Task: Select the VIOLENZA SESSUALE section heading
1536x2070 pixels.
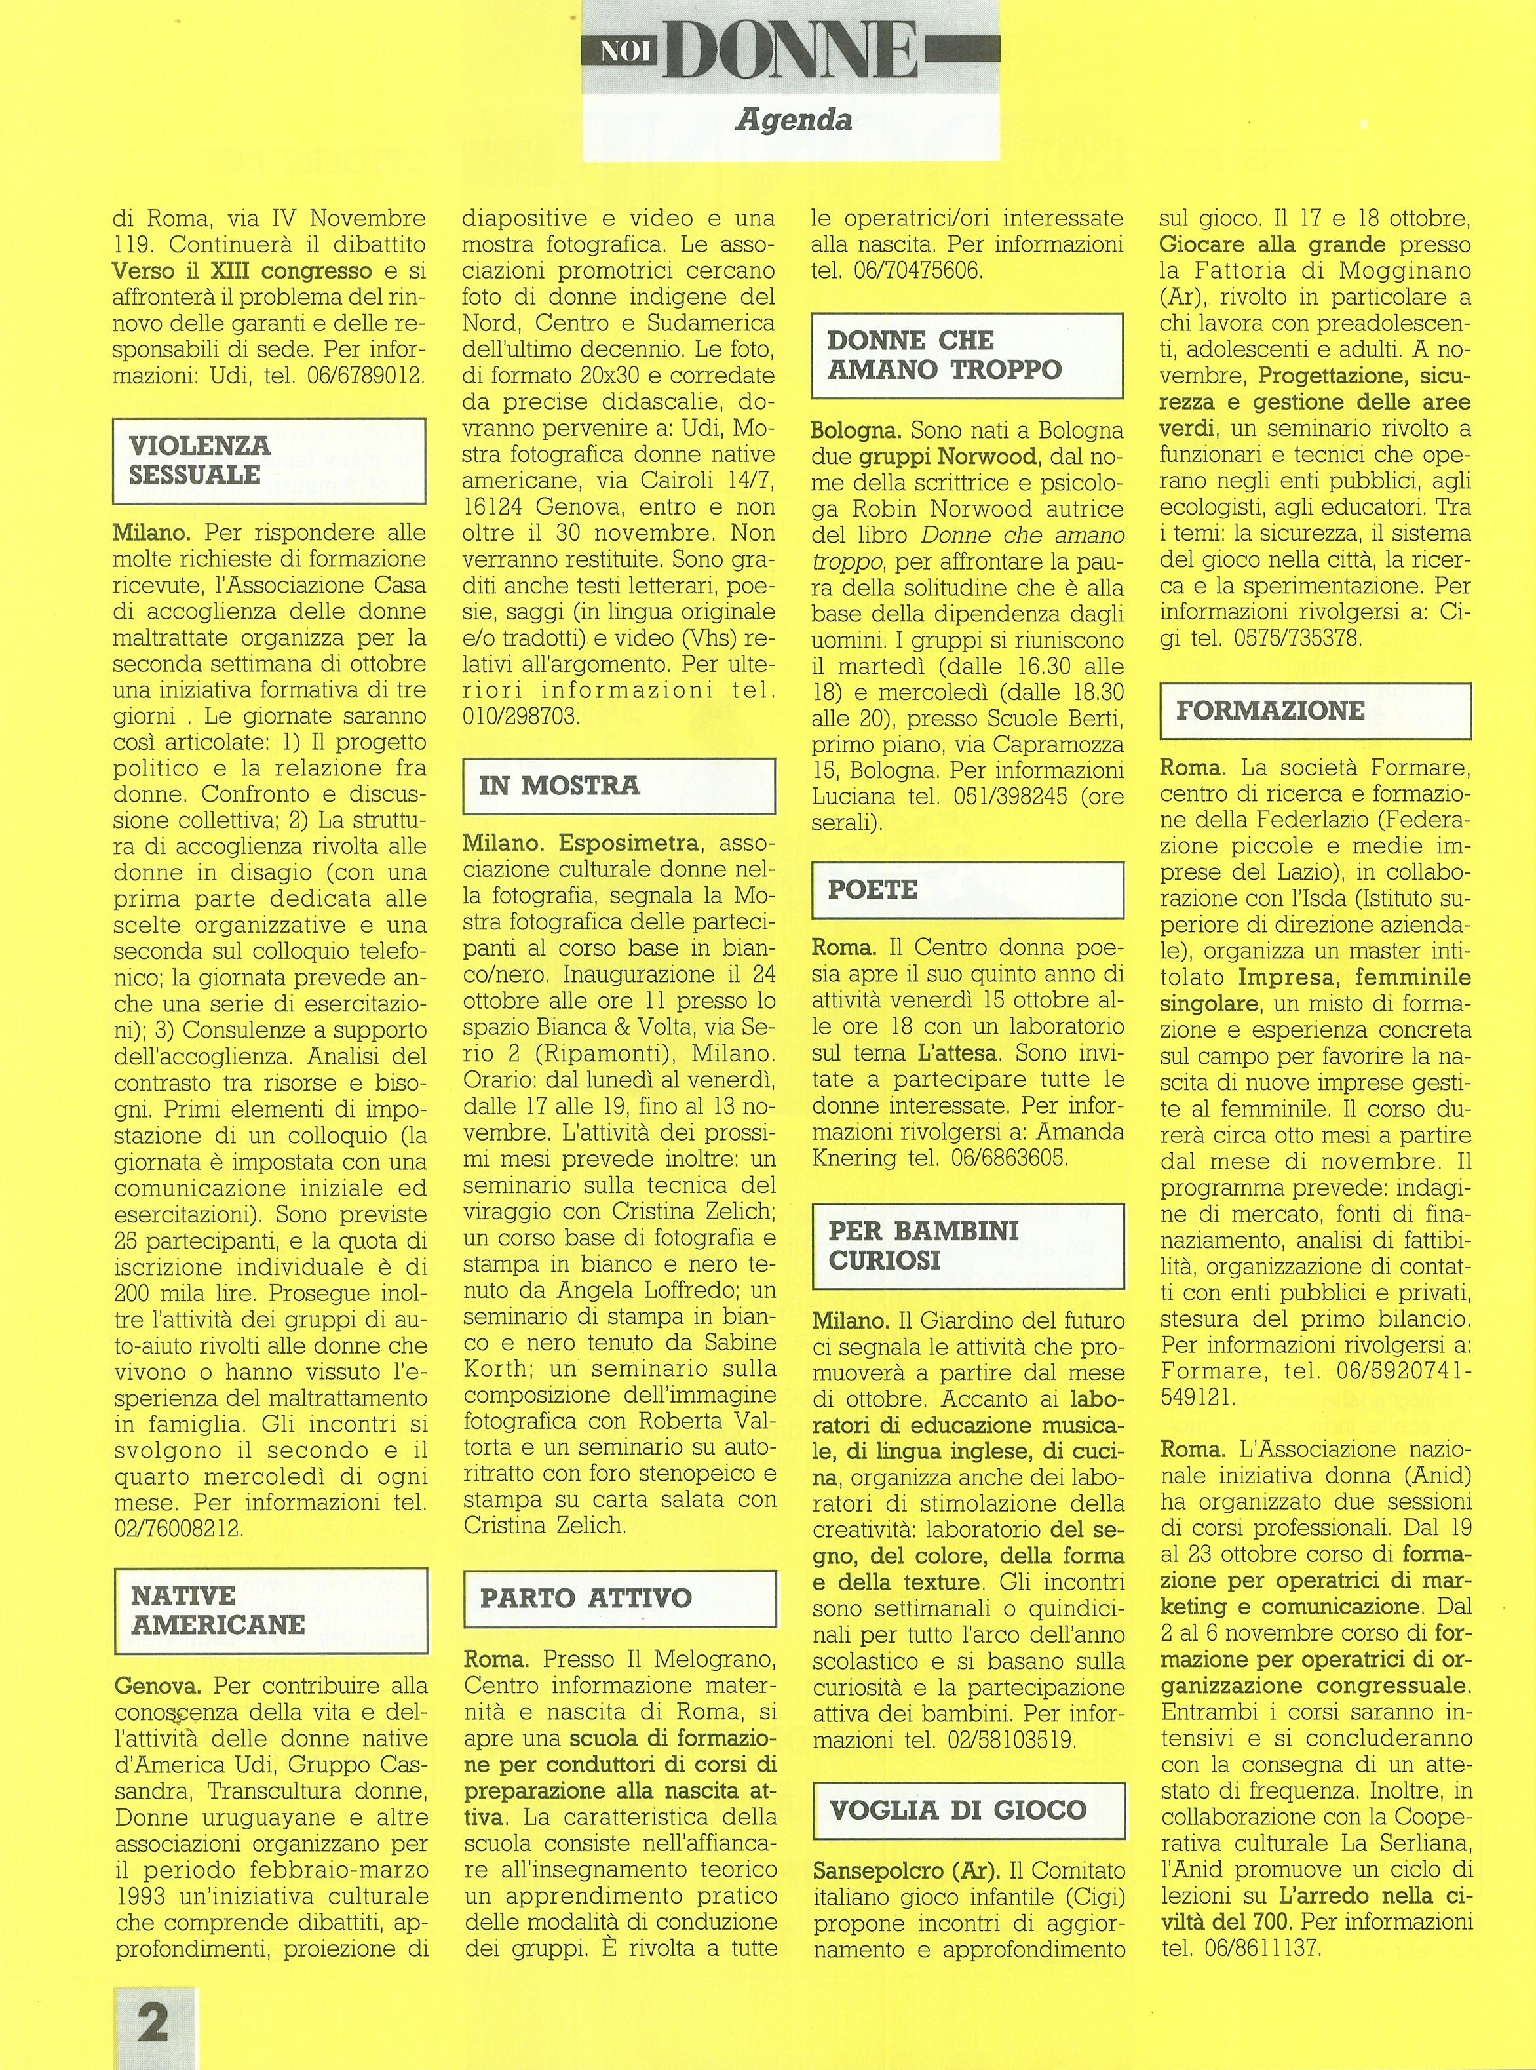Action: [200, 459]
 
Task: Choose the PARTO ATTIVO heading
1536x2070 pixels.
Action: [586, 1597]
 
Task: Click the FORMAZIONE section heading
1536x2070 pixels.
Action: [1270, 711]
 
